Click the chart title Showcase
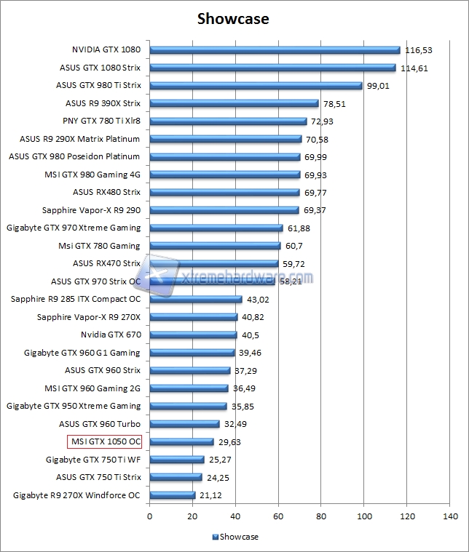point(233,19)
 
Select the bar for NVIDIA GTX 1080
point(275,50)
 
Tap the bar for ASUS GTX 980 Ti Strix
point(256,86)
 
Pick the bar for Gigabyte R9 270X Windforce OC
point(173,495)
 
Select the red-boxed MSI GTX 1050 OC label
point(105,441)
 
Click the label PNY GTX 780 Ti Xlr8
point(102,121)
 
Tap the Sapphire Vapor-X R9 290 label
point(91,210)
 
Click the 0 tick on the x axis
point(150,516)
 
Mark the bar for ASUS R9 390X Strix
point(234,103)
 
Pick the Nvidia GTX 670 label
point(111,335)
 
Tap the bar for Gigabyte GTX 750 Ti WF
point(177,460)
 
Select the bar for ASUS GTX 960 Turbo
point(184,424)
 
